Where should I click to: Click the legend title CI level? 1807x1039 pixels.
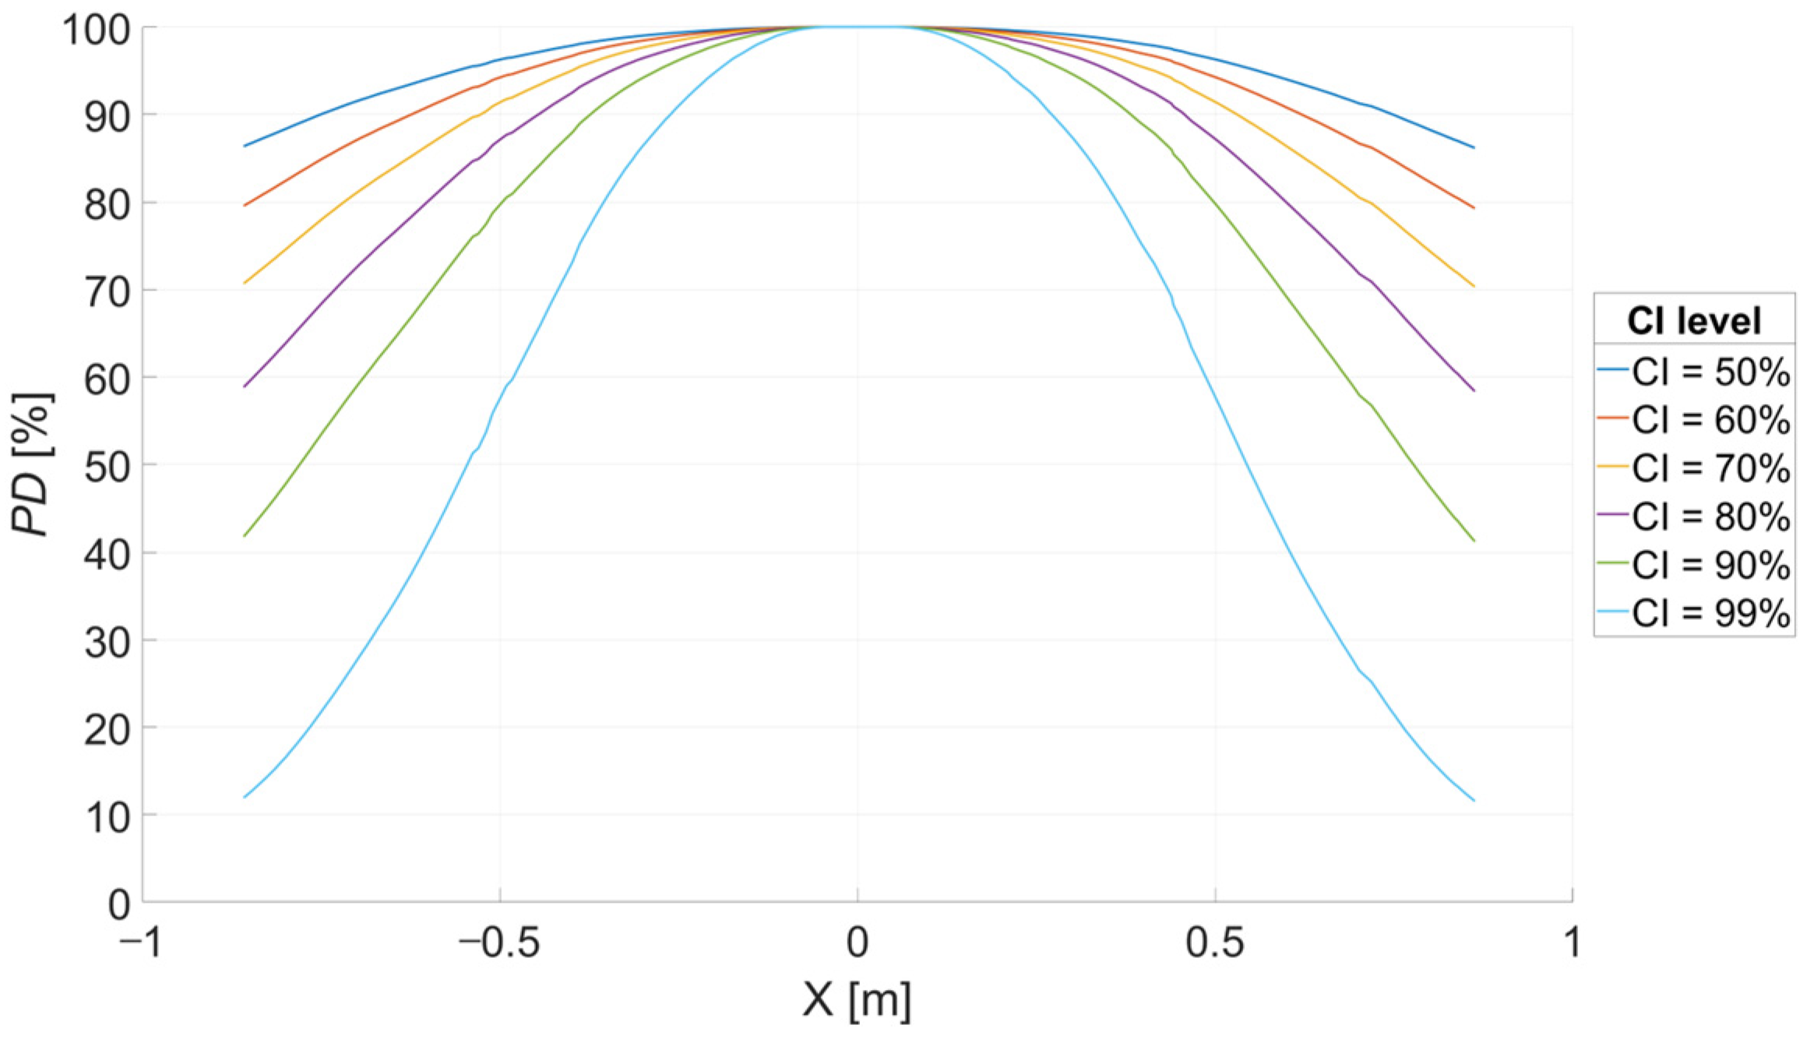coord(1693,321)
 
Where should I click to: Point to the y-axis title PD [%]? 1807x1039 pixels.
coord(33,464)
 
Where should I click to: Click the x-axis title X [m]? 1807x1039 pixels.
coord(857,1000)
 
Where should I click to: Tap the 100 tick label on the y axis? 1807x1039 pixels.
coord(97,31)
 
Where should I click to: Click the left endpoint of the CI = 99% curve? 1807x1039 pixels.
coord(245,797)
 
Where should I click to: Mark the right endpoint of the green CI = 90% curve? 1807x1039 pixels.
coord(1474,541)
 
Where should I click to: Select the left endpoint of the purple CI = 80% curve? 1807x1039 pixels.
coord(245,386)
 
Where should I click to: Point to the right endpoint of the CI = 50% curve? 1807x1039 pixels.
coord(1474,147)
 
